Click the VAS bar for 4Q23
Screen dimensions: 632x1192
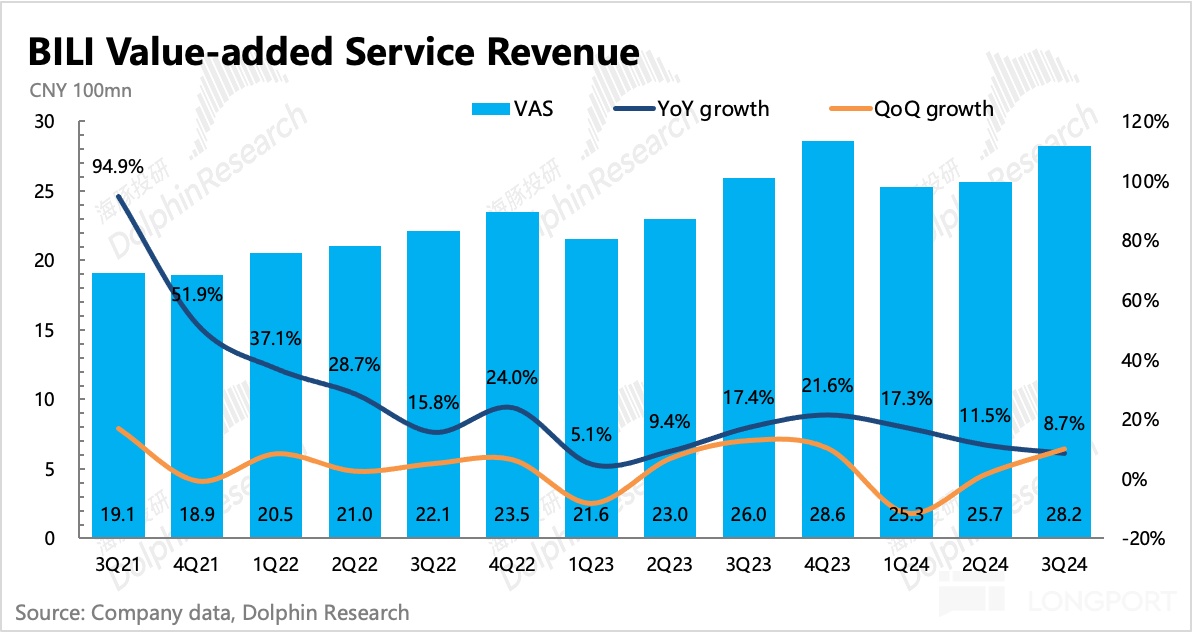[828, 340]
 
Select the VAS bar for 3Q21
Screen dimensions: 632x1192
[119, 405]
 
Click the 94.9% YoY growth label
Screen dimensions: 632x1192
[118, 165]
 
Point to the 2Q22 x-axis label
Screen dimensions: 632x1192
[355, 564]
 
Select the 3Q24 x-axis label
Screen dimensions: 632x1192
[1064, 564]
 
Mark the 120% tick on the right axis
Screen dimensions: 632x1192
[1146, 122]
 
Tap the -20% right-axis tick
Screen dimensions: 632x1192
[1146, 538]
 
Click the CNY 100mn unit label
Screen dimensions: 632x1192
[74, 90]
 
